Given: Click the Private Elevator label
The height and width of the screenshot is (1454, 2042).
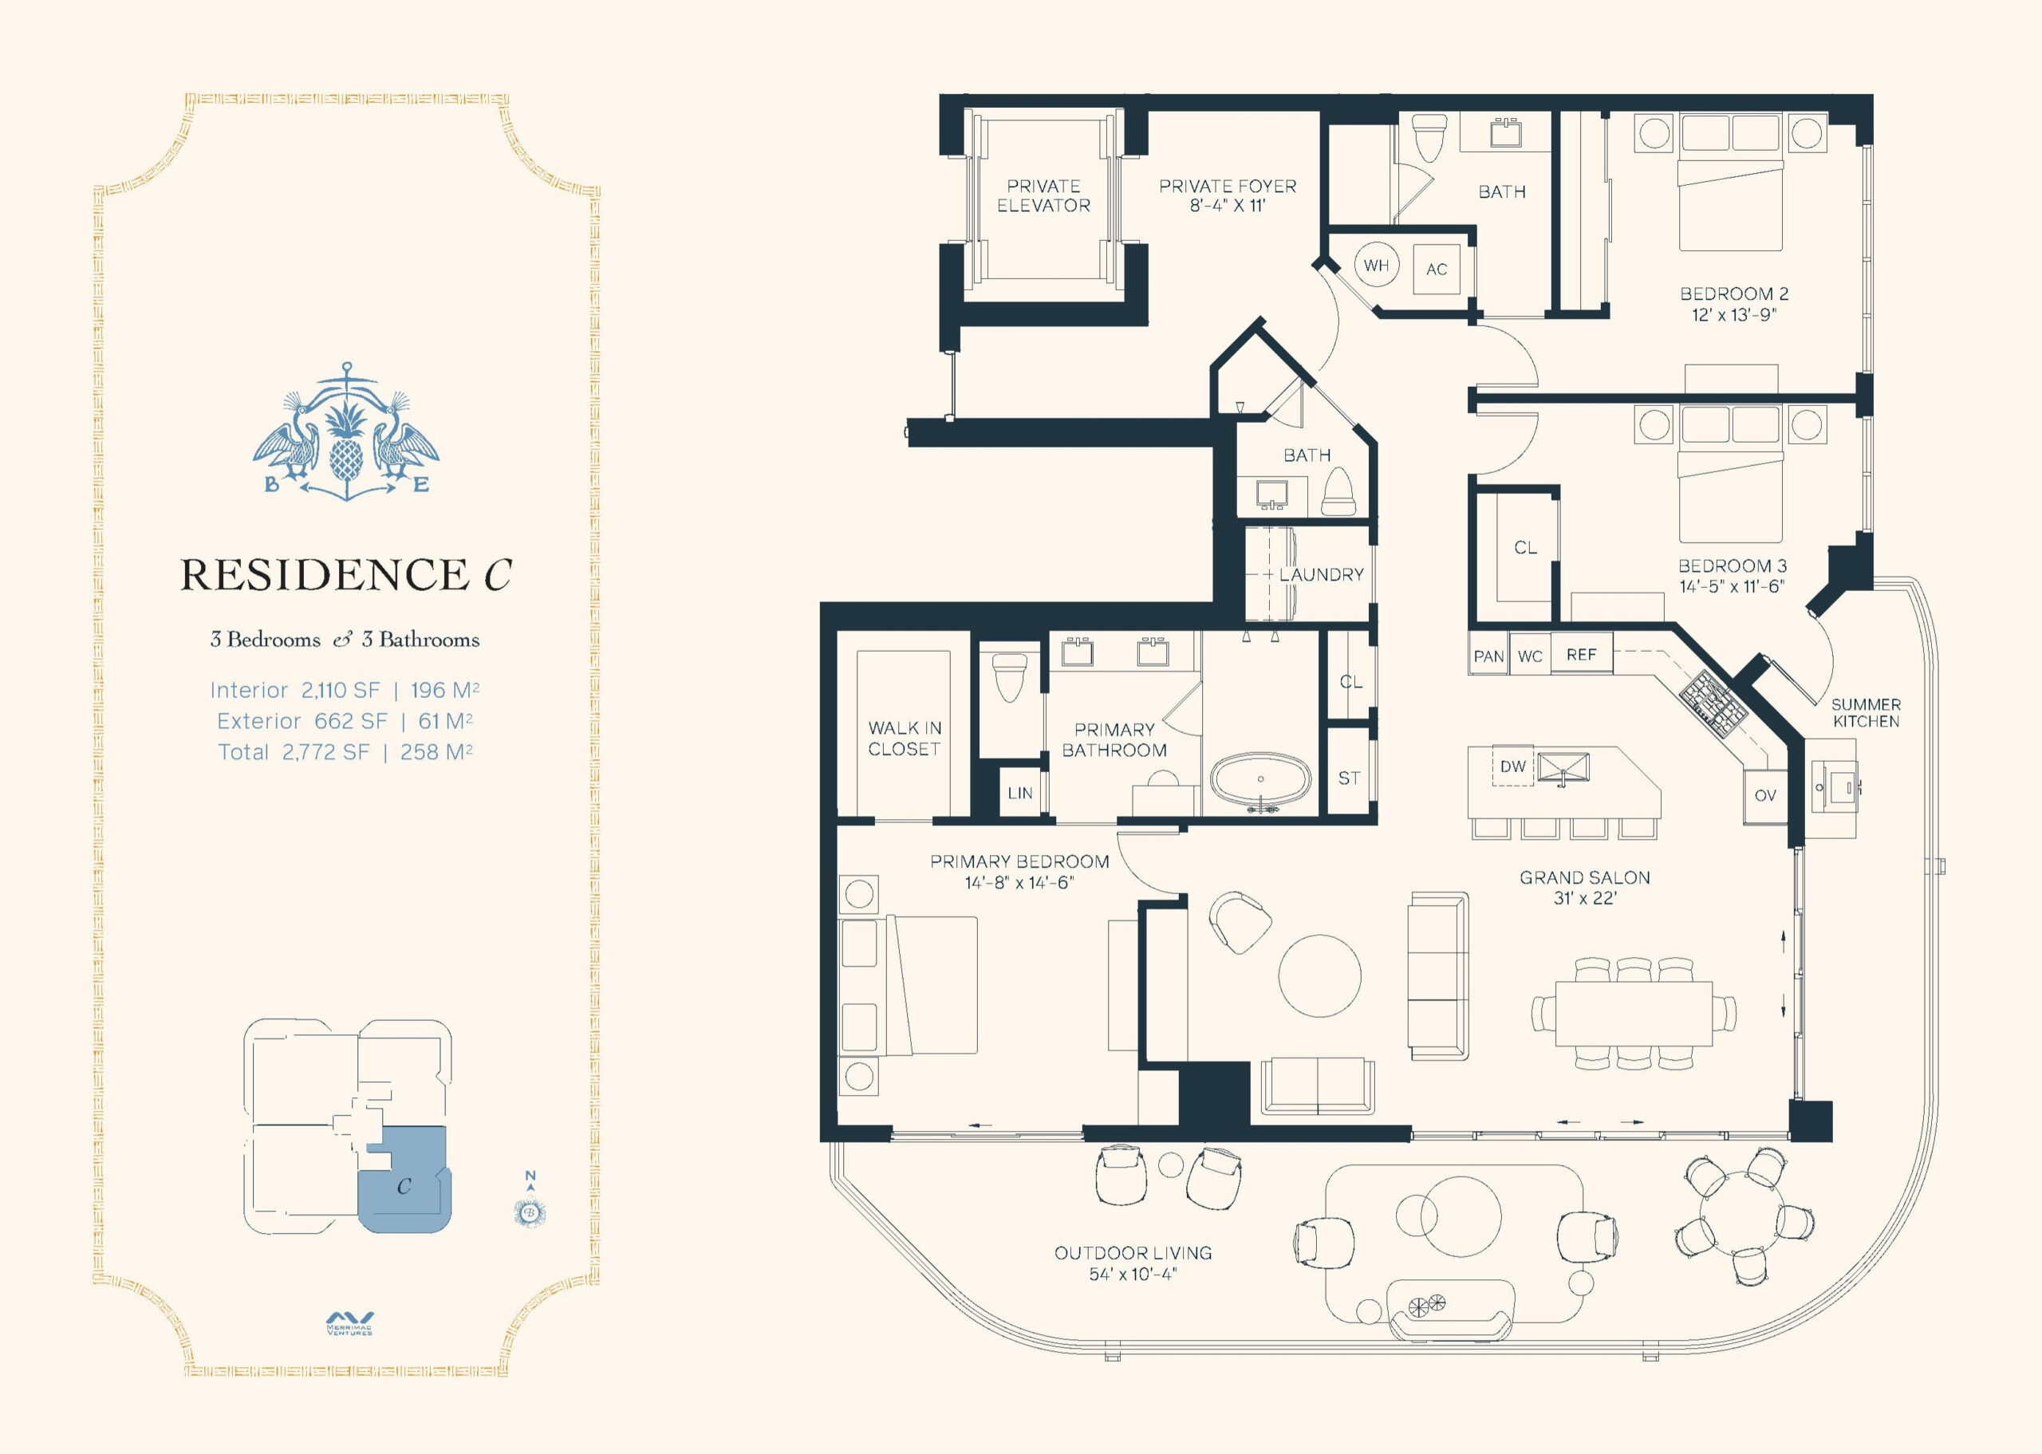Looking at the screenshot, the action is pos(1044,196).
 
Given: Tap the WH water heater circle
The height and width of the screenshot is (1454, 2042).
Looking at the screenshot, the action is pos(1376,265).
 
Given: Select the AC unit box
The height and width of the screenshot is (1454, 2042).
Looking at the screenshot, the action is pos(1437,269).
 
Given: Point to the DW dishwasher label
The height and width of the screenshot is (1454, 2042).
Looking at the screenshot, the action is pos(1513,766).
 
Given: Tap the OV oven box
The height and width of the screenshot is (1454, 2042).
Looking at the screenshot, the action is pos(1764,796).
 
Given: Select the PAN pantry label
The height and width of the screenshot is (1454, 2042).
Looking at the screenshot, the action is pos(1488,656).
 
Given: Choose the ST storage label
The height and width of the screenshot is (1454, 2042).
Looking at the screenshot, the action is pos(1349,778).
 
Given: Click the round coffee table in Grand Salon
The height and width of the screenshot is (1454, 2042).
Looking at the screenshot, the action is pos(1319,976).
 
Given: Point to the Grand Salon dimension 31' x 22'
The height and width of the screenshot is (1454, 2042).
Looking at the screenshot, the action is pos(1584,898).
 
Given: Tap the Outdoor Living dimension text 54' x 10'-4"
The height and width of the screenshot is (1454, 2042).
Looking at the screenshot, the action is pos(1133,1273).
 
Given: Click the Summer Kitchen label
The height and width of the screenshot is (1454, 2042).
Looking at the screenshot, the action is pos(1866,713).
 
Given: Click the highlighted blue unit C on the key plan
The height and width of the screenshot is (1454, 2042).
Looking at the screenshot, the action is pos(404,1180).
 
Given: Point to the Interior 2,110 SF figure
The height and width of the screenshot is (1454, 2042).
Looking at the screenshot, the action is pos(295,690).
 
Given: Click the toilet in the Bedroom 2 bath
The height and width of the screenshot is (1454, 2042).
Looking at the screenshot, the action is pos(1428,137).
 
